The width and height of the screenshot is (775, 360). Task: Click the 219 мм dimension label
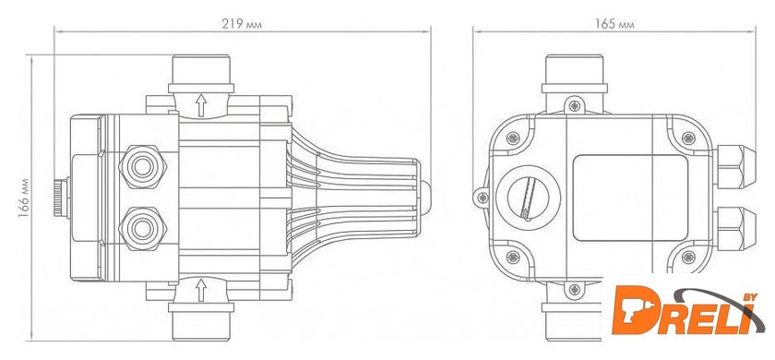(242, 24)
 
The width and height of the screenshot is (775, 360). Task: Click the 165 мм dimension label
(614, 24)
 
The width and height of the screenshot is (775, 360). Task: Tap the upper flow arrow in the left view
(201, 105)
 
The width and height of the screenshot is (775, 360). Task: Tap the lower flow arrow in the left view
(201, 290)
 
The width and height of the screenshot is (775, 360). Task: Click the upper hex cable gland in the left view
(142, 167)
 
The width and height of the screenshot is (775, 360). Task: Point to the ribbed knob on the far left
(61, 198)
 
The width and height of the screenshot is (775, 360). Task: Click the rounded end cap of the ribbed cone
(424, 197)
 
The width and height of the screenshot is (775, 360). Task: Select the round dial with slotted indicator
(528, 198)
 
